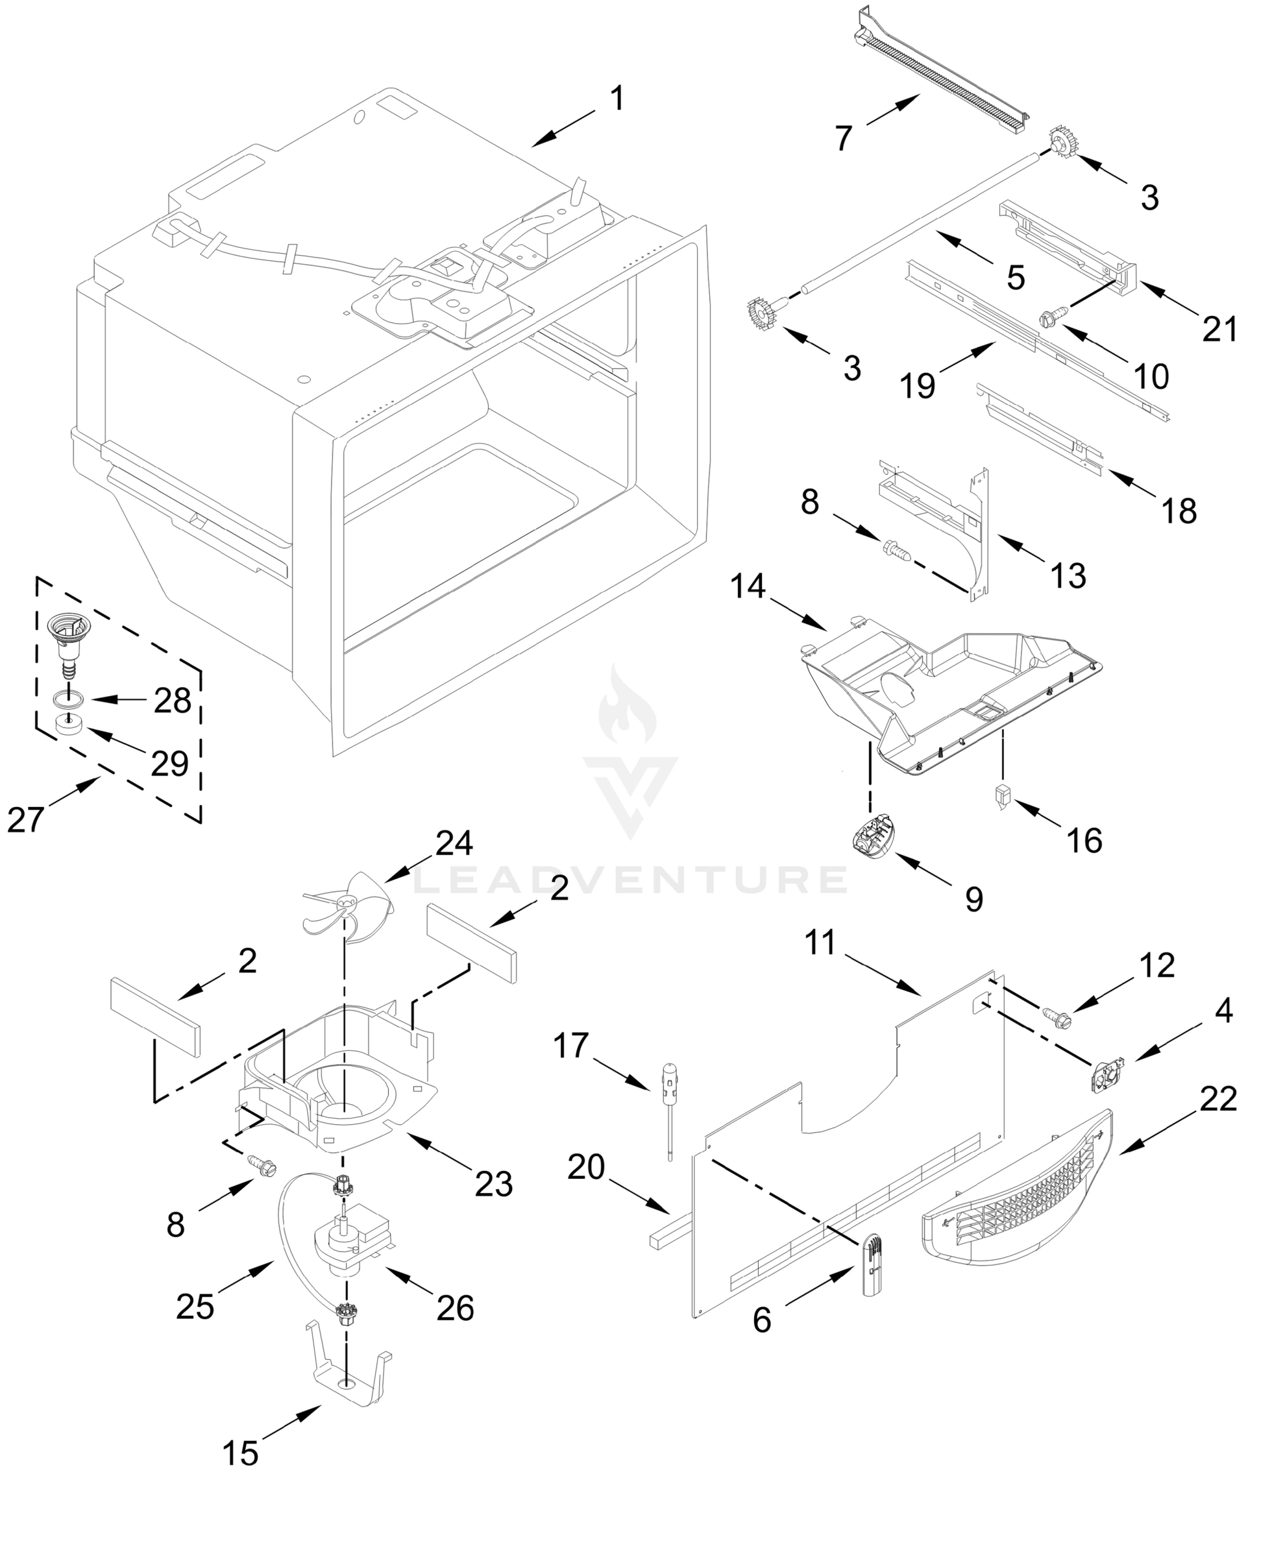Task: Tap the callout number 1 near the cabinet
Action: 617,99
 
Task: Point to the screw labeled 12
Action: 1056,1016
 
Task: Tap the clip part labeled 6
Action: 873,1264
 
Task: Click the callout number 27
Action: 25,819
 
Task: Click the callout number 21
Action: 1219,330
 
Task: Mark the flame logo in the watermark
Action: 627,708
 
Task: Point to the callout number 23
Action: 493,1184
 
